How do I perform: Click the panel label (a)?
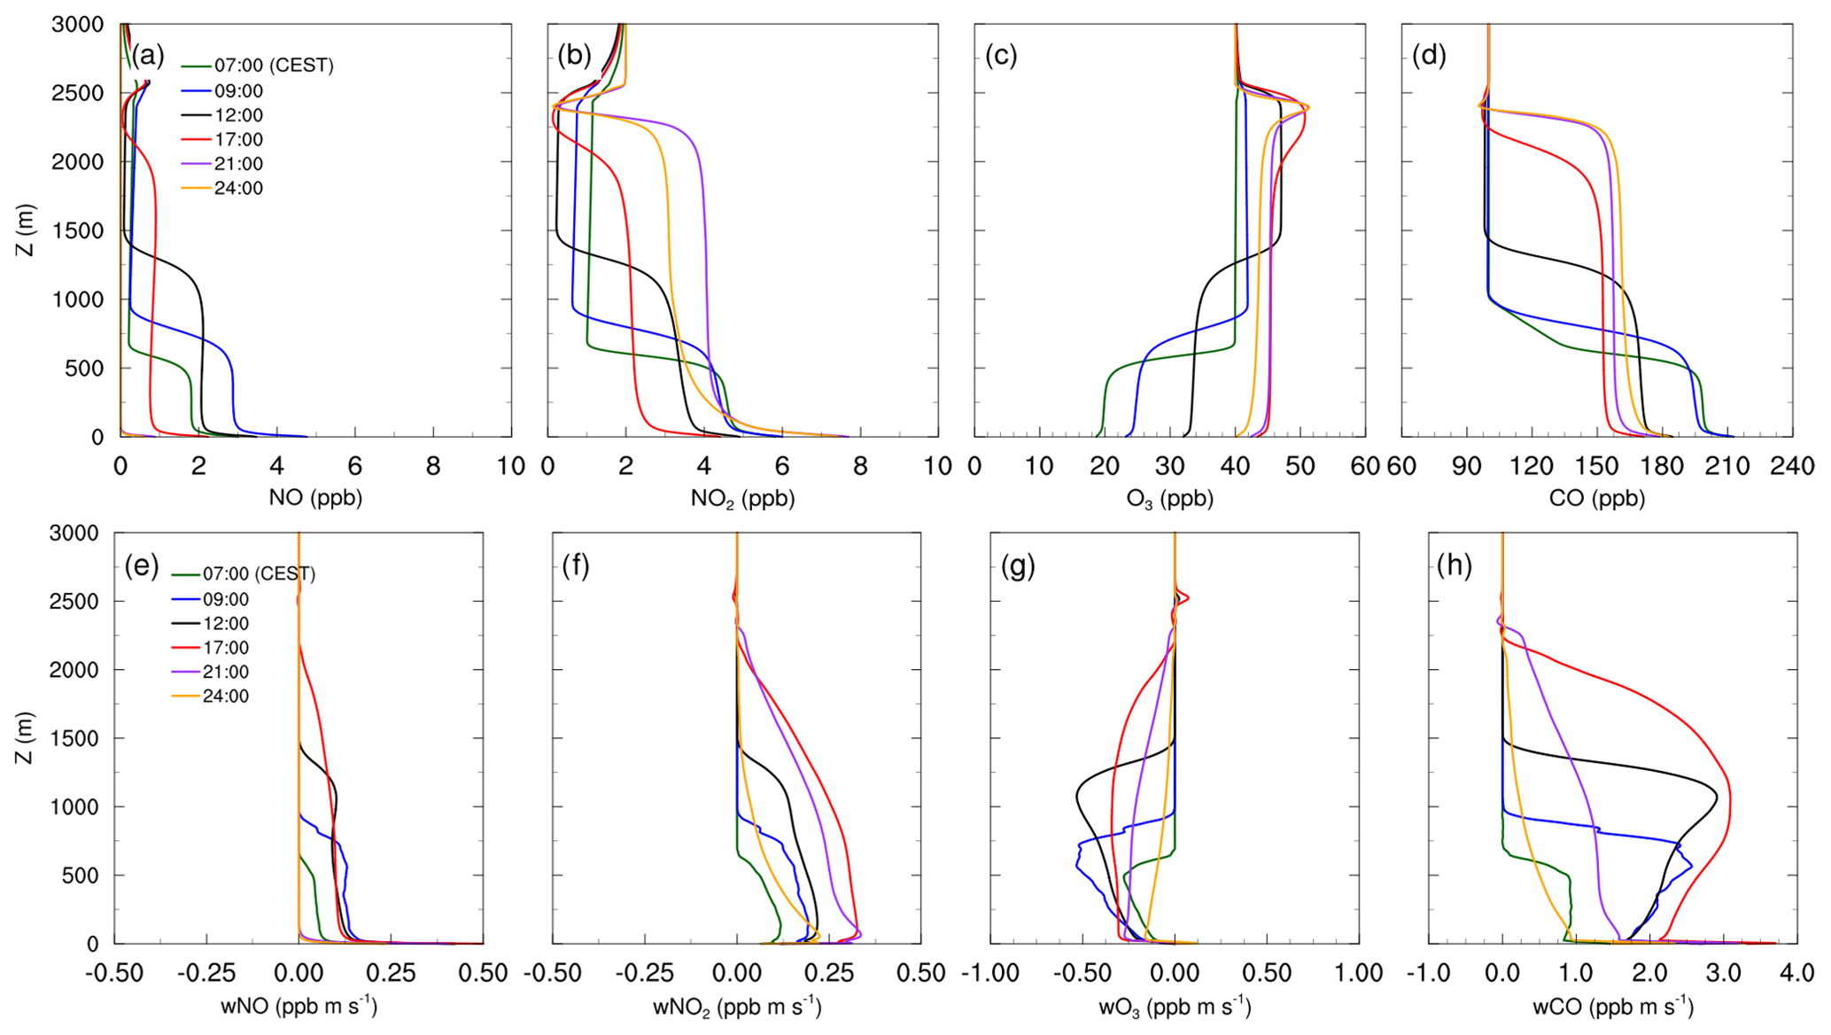tap(148, 56)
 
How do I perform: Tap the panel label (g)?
tap(1018, 565)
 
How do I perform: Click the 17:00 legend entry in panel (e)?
tap(225, 648)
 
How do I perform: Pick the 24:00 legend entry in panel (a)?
tap(237, 188)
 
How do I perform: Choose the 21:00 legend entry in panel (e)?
tap(225, 672)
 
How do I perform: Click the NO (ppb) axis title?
tap(315, 498)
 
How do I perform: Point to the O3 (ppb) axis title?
tap(1169, 499)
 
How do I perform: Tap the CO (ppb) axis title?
tap(1596, 498)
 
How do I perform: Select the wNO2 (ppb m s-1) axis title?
tap(737, 1008)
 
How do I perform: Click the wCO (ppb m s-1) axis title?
tap(1613, 1008)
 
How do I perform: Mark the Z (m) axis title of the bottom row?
tap(25, 737)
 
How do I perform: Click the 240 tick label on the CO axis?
tap(1792, 467)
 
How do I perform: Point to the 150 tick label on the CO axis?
tap(1597, 467)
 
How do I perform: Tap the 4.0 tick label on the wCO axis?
tap(1796, 974)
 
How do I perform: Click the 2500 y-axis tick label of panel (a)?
tap(77, 93)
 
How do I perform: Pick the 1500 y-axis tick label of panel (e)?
tap(77, 738)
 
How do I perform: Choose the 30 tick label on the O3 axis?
tap(1169, 467)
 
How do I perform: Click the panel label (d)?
tap(1429, 56)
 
